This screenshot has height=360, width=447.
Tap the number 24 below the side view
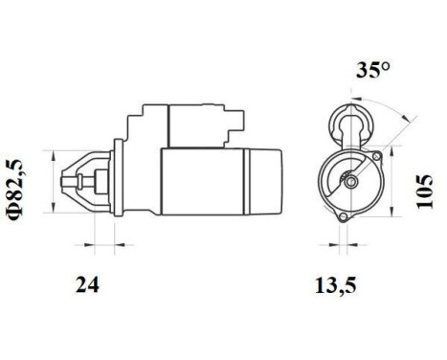coord(87,284)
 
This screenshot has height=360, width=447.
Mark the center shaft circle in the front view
coord(352,179)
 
